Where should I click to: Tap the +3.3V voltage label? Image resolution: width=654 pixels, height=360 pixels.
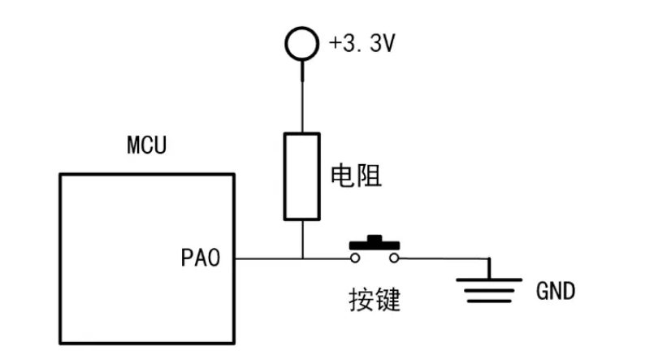click(x=362, y=43)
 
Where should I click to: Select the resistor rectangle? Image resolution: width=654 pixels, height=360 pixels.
click(x=284, y=176)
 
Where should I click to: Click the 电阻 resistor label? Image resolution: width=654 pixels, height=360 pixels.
click(x=356, y=176)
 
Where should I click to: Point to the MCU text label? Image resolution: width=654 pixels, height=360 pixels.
click(x=146, y=145)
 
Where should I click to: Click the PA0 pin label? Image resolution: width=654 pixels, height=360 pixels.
click(x=200, y=258)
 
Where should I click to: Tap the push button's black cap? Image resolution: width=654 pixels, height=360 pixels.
click(x=375, y=244)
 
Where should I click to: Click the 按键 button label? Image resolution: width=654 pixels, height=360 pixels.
click(x=375, y=300)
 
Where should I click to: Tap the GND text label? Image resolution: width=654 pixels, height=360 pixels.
click(x=555, y=291)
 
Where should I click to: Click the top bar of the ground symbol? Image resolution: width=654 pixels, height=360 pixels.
click(x=489, y=280)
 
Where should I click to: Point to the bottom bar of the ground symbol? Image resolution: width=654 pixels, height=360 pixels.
click(x=489, y=301)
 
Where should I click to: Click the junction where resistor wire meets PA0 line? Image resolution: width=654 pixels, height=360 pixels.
click(x=302, y=258)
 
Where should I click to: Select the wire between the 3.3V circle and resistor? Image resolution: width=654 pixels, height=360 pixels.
click(x=302, y=97)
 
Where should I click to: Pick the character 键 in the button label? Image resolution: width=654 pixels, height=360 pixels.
click(x=388, y=300)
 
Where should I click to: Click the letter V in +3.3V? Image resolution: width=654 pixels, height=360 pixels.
click(x=388, y=43)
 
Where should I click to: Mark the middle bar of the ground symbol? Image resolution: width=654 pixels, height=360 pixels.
click(x=489, y=290)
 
